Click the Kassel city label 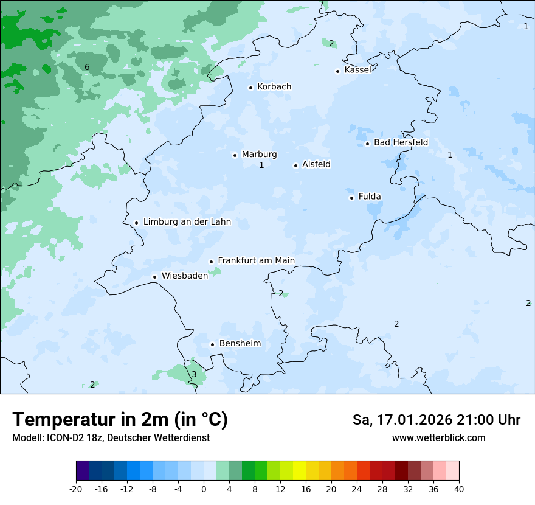click(357, 70)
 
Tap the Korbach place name click(274, 87)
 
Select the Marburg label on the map click(259, 155)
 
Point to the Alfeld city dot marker click(295, 165)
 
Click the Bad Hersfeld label click(401, 142)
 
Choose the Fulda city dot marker click(351, 198)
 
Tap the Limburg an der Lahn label click(187, 222)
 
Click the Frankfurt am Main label click(256, 261)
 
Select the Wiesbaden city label click(184, 276)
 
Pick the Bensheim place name click(240, 344)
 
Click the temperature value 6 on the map click(87, 68)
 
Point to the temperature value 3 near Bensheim click(194, 374)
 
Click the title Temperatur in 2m click(120, 420)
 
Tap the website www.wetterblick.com click(438, 438)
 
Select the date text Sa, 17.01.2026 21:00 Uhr click(436, 420)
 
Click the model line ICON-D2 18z click(111, 438)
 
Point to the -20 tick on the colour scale click(76, 489)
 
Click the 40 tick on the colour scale click(459, 489)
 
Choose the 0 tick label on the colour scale click(204, 489)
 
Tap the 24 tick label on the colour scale click(357, 489)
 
